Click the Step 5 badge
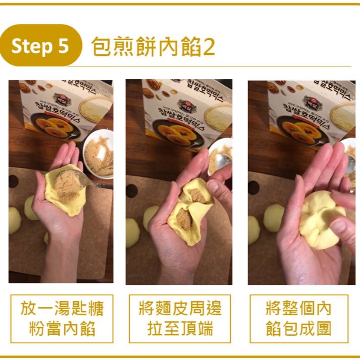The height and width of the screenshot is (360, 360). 40,46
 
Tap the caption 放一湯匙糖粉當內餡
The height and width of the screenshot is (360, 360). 62,318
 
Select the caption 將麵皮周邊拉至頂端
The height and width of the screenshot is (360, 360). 180,318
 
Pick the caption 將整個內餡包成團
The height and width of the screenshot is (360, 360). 298,318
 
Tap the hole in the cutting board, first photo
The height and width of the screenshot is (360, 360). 13,181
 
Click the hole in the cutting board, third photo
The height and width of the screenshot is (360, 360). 253,187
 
